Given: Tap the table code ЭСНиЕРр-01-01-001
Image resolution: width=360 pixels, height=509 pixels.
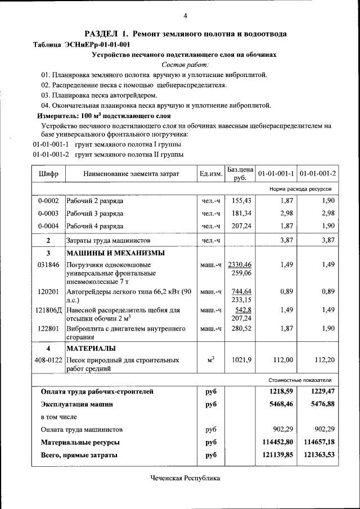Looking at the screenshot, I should pos(99,44).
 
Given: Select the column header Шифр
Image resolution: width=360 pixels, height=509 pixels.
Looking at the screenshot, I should pos(48,174).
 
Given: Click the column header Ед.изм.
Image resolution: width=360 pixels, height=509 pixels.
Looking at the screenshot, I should pos(210,174).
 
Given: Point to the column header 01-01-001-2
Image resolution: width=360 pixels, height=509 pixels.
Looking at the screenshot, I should pos(317,174).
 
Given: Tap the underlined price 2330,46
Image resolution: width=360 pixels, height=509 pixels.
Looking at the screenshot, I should pos(240,264).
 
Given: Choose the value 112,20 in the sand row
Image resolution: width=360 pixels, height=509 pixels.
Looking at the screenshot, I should pos(324,359).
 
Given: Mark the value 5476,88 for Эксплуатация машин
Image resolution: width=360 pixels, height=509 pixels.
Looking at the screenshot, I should pos(318,404).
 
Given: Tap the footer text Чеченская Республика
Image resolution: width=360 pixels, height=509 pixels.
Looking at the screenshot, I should pos(185,478).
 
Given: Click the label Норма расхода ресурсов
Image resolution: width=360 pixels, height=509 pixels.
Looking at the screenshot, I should pos(304,190).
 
